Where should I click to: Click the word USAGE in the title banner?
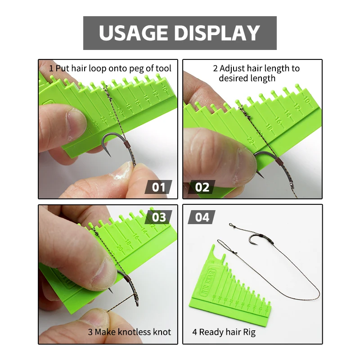[x=133, y=33]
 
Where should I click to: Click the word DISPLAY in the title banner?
[x=217, y=33]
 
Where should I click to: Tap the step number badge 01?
[x=158, y=187]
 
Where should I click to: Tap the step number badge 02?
[x=202, y=187]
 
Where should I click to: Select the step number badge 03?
[x=158, y=217]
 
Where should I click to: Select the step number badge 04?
[x=202, y=217]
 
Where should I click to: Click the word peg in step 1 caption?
[x=136, y=69]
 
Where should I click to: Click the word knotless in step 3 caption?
[x=134, y=332]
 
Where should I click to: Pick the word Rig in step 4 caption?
[x=250, y=333]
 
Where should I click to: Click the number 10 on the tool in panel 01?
[x=164, y=88]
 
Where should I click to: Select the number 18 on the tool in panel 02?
[x=269, y=127]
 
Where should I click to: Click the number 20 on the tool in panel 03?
[x=119, y=248]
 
